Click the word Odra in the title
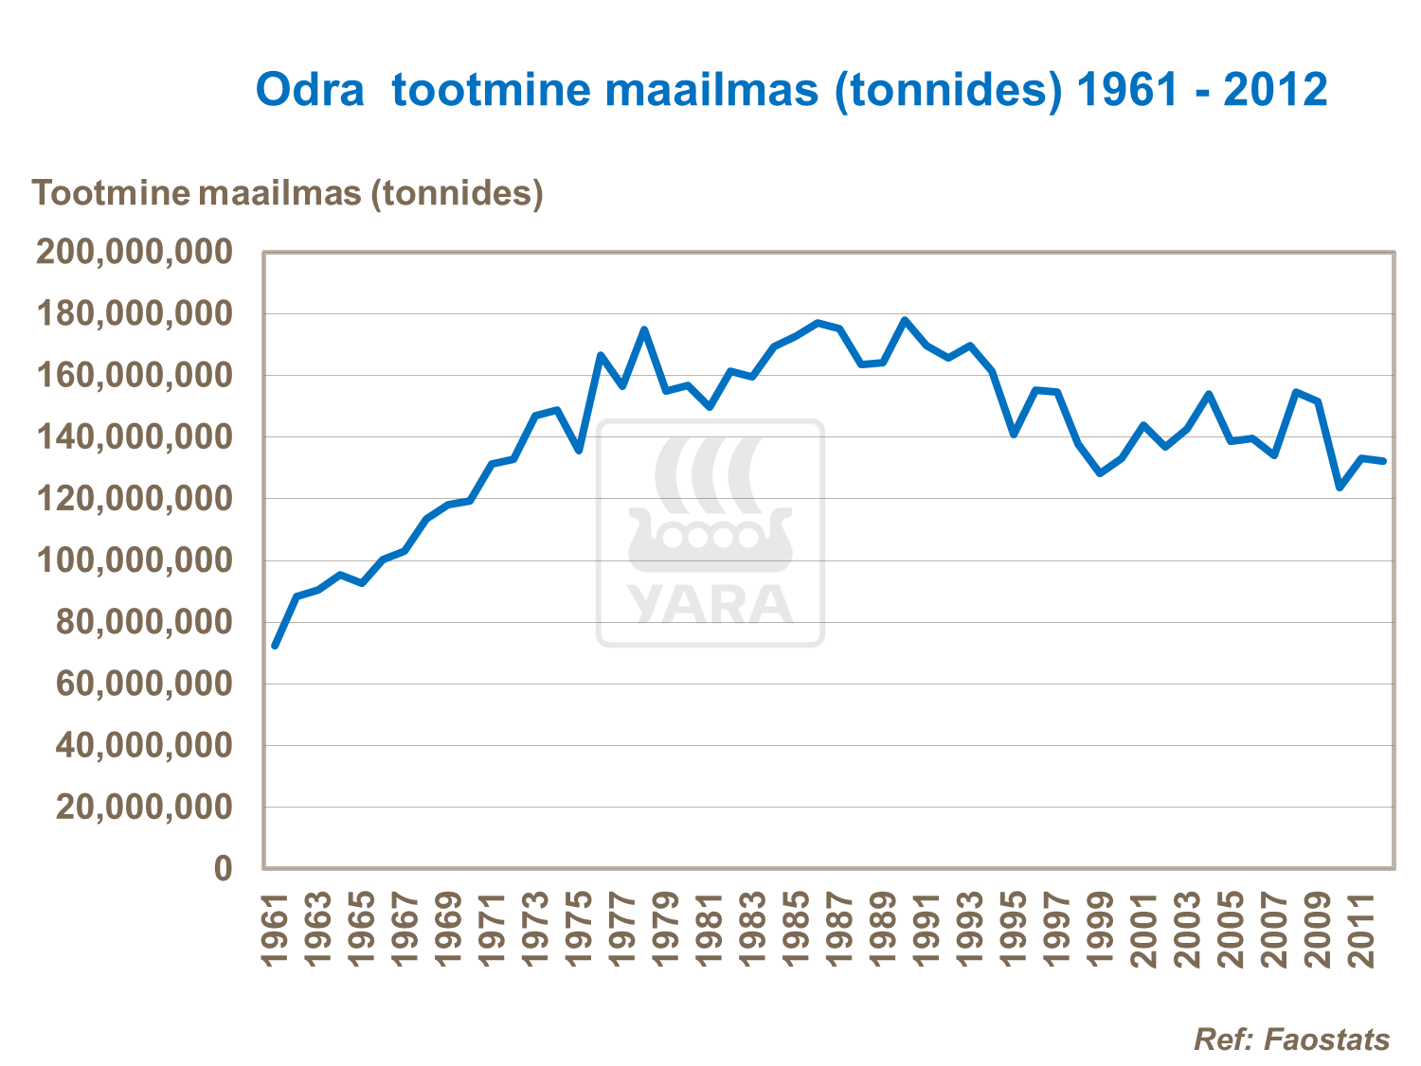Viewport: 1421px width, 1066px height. pyautogui.click(x=310, y=90)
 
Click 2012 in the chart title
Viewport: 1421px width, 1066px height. pyautogui.click(x=1275, y=90)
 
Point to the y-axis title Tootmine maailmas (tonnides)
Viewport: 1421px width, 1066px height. pyautogui.click(x=288, y=193)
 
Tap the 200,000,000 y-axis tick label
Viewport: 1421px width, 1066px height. pyautogui.click(x=134, y=253)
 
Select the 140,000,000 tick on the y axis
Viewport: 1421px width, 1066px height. pyautogui.click(x=134, y=437)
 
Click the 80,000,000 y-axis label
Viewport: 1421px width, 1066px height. pyautogui.click(x=144, y=623)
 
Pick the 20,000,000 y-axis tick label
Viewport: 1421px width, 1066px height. pyautogui.click(x=144, y=808)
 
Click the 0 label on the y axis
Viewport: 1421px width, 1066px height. pyautogui.click(x=223, y=869)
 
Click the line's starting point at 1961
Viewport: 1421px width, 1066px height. pyautogui.click(x=275, y=646)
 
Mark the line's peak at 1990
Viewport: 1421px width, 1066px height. pyautogui.click(x=905, y=320)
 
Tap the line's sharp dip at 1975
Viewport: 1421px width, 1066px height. pyautogui.click(x=579, y=451)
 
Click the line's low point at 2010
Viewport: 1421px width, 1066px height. pyautogui.click(x=1340, y=488)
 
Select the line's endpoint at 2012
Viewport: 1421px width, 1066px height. pyautogui.click(x=1383, y=461)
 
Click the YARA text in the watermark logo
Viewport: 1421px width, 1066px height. pyautogui.click(x=710, y=605)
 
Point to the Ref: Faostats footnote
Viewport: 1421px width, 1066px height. pyautogui.click(x=1291, y=1039)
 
